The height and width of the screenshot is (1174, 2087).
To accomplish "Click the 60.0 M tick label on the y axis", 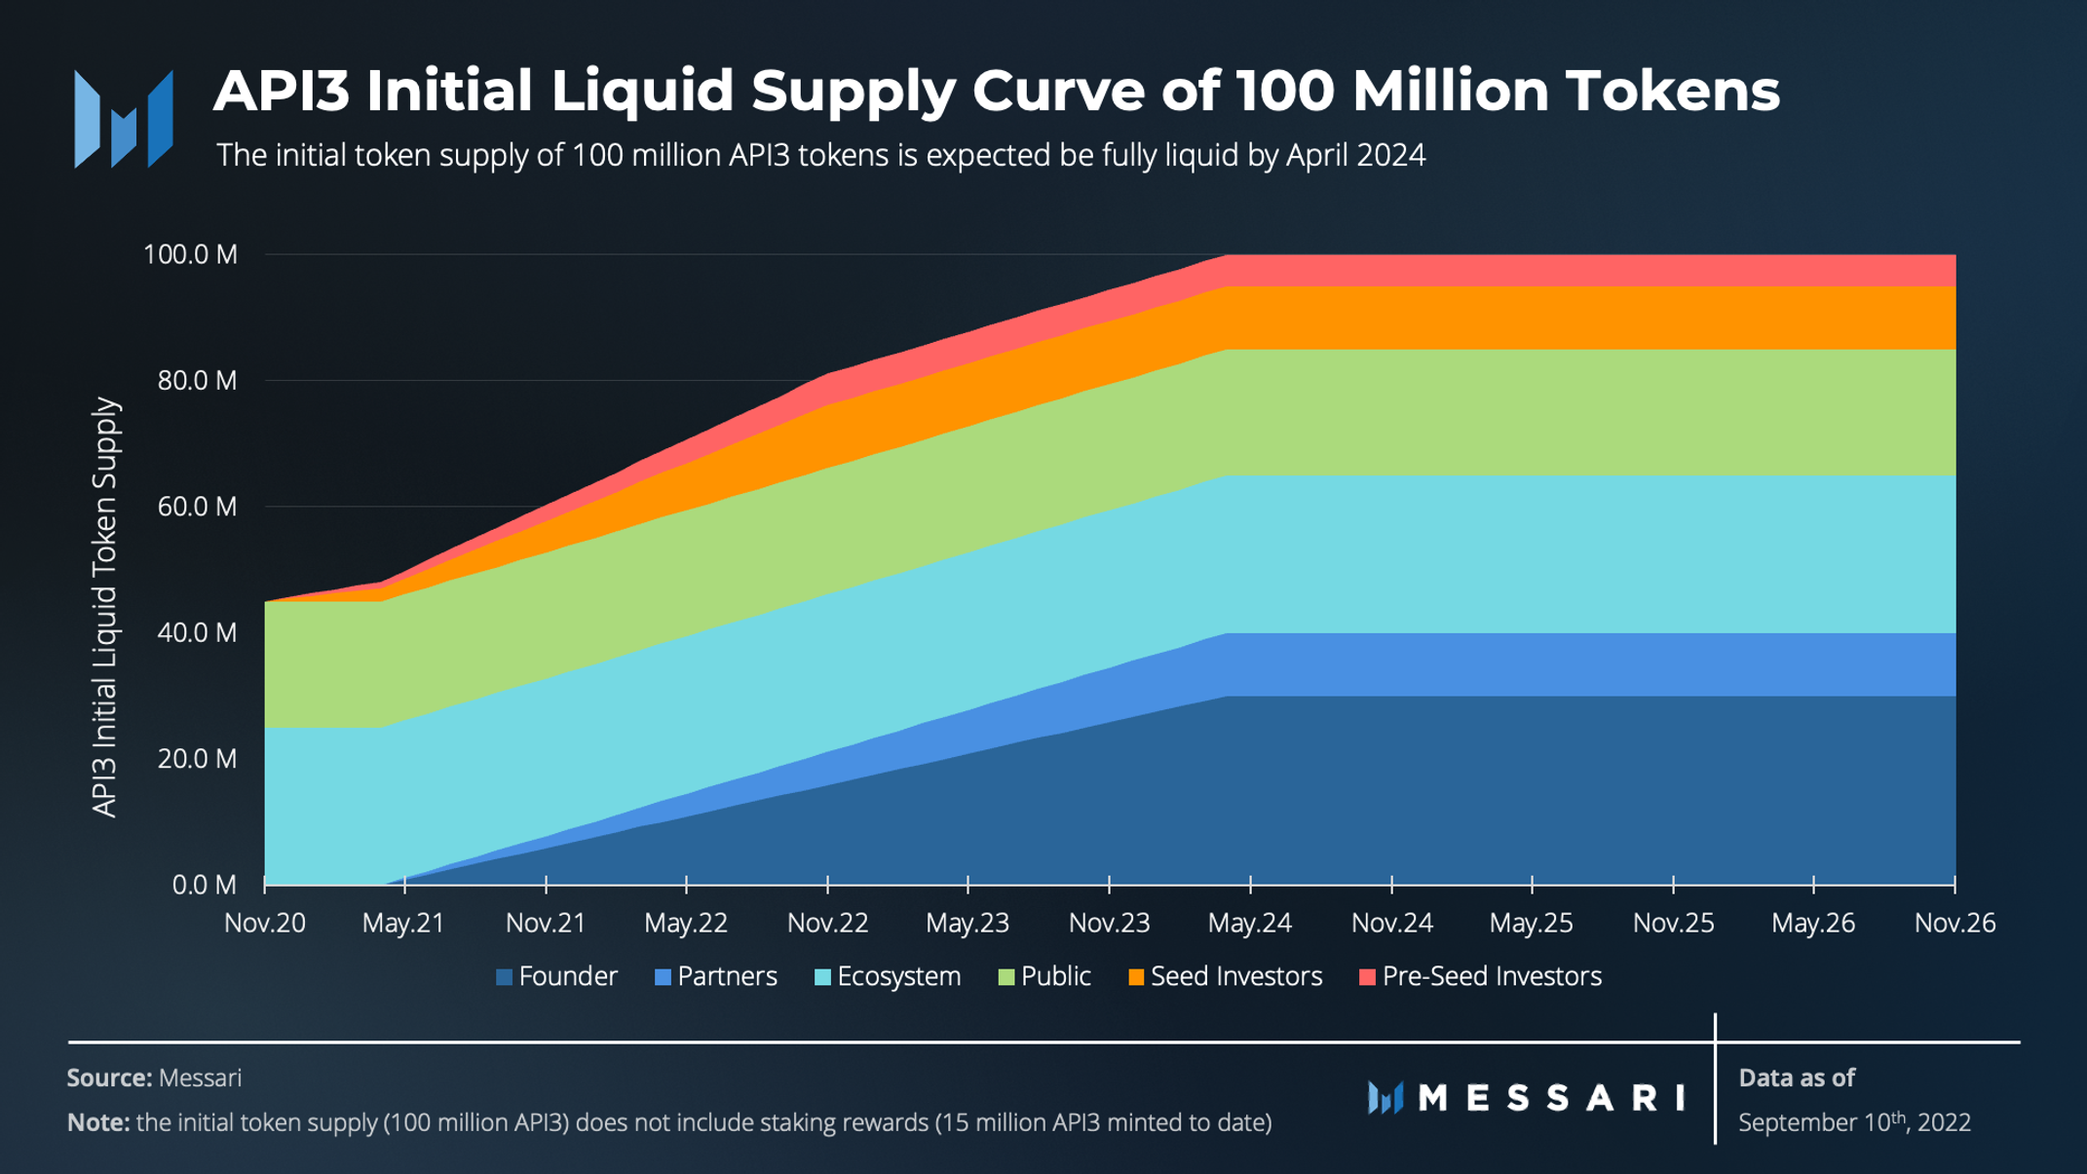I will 197,507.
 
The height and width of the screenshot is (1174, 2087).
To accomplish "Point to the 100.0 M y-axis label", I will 190,255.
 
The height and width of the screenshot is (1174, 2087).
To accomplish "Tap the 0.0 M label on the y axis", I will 205,885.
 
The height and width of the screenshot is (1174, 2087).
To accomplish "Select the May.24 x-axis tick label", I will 1249,923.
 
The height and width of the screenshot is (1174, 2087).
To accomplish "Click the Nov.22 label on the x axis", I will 827,923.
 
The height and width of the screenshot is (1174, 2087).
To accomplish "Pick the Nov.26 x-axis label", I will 1954,923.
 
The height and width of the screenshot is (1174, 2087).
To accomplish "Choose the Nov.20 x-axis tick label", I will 265,923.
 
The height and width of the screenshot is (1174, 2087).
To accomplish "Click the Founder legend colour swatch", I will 505,977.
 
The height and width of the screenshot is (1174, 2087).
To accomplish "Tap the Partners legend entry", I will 716,976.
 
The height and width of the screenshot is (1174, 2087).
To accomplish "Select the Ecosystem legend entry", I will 888,976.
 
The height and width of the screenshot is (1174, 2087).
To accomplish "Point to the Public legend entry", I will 1044,976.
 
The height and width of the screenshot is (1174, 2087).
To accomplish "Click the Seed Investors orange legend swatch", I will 1136,977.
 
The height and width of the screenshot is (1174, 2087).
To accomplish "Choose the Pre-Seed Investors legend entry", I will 1480,976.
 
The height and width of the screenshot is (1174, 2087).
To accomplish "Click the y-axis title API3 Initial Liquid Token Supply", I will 104,607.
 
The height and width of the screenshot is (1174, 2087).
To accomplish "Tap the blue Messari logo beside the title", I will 124,119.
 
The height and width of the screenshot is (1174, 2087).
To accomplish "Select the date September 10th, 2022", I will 1854,1122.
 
